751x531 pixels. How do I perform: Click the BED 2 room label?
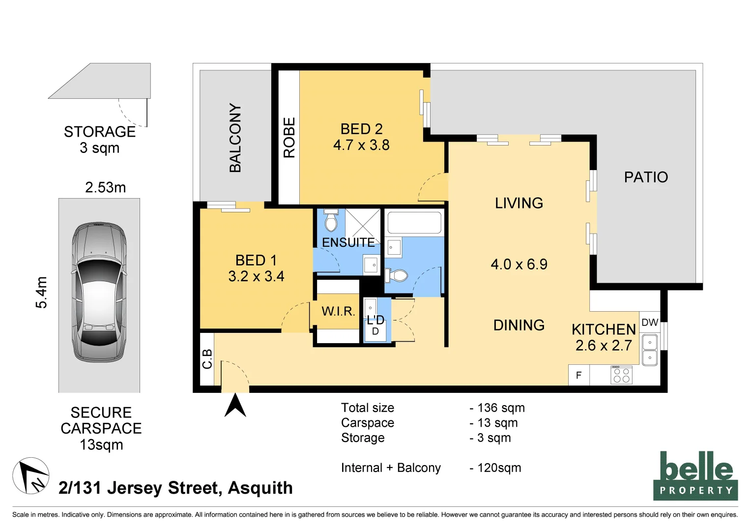361,129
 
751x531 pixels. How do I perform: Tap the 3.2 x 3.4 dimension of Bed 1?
256,276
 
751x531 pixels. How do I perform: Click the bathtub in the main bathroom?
414,223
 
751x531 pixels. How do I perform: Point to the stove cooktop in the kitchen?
621,375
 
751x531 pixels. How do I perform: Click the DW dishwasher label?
650,323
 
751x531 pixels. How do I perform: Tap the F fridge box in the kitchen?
578,375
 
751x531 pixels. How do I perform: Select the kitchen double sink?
649,349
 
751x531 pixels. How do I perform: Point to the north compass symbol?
30,475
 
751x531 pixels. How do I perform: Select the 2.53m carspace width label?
105,187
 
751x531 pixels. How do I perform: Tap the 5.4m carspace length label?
42,293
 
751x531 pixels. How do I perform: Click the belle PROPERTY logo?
695,476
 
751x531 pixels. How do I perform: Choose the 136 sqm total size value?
501,408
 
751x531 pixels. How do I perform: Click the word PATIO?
646,177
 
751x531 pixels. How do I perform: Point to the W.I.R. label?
338,311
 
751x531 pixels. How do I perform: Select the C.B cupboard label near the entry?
207,359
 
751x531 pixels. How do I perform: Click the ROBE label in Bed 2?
289,137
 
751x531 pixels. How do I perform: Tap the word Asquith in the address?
260,488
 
